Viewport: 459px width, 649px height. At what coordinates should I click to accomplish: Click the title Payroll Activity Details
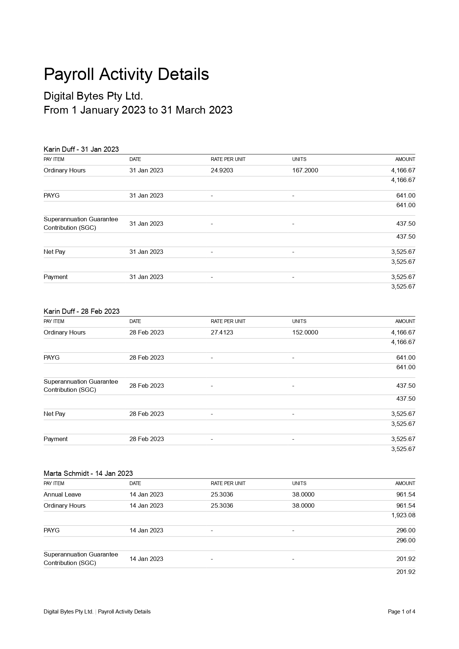(x=126, y=74)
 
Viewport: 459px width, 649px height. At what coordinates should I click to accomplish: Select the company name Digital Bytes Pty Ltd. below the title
(x=93, y=96)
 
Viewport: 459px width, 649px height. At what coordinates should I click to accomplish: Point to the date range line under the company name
(x=138, y=110)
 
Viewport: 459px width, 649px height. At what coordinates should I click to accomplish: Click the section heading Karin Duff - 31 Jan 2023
(x=81, y=149)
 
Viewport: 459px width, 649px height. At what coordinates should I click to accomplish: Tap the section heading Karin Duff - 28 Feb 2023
(x=81, y=311)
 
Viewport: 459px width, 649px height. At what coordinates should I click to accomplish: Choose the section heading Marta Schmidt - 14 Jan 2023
(x=88, y=473)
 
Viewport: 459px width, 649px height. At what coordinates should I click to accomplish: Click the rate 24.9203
(x=222, y=171)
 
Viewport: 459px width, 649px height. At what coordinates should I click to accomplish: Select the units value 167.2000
(x=305, y=171)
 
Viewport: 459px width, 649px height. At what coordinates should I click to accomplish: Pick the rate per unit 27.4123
(x=222, y=333)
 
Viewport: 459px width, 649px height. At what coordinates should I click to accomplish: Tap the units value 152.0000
(x=305, y=333)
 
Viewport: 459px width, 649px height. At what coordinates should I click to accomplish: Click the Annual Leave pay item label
(x=62, y=495)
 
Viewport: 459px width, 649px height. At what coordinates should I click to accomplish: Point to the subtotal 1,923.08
(x=403, y=515)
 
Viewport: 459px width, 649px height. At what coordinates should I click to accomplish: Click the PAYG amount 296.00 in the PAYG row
(x=406, y=531)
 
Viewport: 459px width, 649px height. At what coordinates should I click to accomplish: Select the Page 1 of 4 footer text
(x=401, y=612)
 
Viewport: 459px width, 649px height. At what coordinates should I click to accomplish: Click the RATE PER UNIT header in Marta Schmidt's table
(x=228, y=484)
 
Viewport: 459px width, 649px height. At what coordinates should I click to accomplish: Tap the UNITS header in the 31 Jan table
(x=299, y=159)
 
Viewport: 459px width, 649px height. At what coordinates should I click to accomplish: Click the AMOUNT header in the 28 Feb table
(x=405, y=322)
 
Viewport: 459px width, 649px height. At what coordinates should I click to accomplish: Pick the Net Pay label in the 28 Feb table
(x=54, y=414)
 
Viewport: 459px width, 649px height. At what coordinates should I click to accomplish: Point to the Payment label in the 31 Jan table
(x=55, y=277)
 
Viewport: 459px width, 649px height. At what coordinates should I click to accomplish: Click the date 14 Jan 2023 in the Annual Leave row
(x=146, y=495)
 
